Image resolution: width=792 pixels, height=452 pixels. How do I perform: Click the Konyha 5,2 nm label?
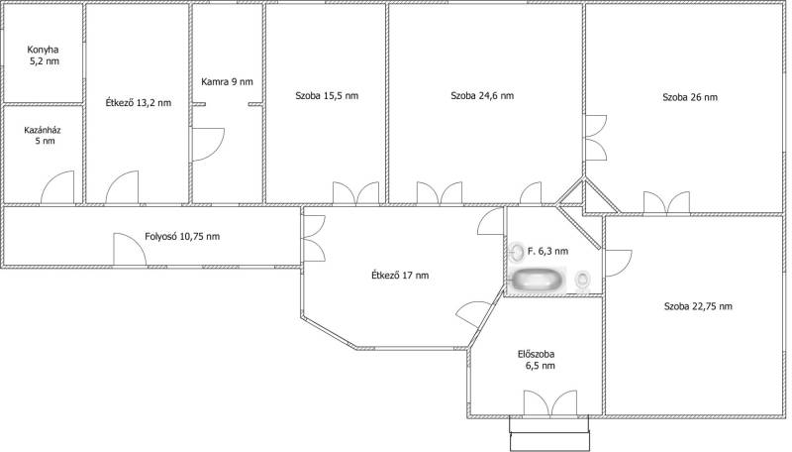(x=43, y=56)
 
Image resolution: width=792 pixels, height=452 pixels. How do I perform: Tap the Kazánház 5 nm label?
(x=43, y=135)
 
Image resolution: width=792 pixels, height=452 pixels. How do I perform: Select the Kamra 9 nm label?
(x=227, y=81)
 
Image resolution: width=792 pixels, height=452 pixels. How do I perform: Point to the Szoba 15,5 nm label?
(x=327, y=95)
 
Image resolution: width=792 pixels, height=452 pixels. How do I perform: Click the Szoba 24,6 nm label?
(x=482, y=95)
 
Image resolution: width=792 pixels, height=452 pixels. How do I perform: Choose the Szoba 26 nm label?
(x=690, y=97)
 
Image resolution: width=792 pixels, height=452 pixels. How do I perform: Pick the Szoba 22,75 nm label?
(x=698, y=306)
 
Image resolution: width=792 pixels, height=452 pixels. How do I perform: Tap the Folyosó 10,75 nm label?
(x=182, y=236)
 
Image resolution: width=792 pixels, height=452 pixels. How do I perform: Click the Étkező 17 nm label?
(x=400, y=275)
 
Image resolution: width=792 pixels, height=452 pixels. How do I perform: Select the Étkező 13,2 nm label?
(x=139, y=103)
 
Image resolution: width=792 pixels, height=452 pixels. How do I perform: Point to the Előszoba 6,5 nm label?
(x=537, y=360)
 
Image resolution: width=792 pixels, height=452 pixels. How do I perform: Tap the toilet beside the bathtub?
(x=582, y=280)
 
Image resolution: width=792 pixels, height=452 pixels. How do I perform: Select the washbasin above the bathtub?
(x=517, y=252)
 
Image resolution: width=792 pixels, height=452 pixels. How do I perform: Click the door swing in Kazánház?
(x=57, y=187)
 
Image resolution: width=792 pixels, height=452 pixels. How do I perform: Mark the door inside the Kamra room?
(x=208, y=145)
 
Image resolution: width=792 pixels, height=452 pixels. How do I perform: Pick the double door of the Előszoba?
(x=550, y=403)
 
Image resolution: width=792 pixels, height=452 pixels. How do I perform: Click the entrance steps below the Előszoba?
(x=549, y=433)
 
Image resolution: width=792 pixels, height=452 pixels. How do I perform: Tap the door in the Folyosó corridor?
(x=130, y=249)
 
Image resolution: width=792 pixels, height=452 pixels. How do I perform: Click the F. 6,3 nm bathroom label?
(x=548, y=251)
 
